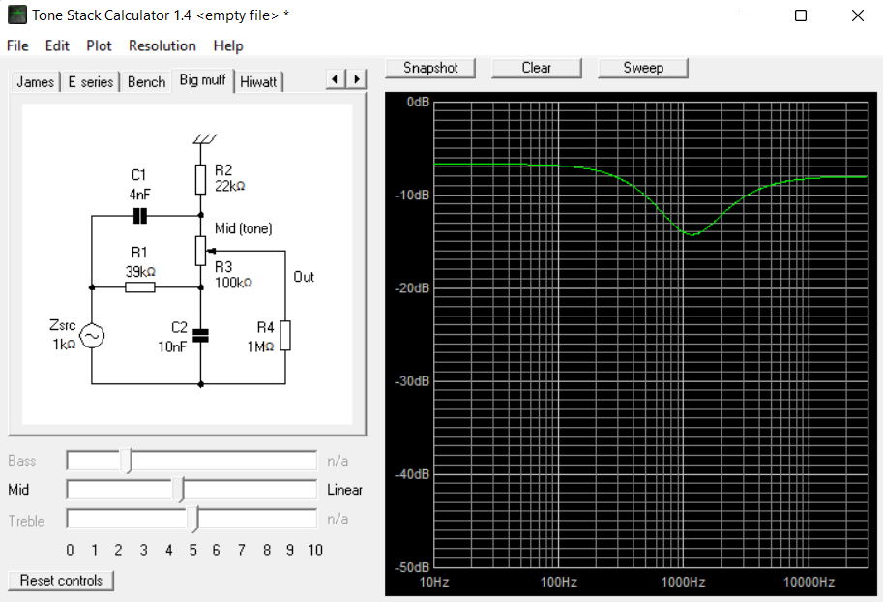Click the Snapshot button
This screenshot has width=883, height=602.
[x=429, y=68]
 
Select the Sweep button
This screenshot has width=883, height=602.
[x=642, y=68]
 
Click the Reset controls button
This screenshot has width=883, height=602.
[x=61, y=581]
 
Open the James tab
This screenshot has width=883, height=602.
[x=35, y=82]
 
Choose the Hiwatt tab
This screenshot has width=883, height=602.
[x=258, y=82]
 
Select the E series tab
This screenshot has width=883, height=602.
[x=91, y=82]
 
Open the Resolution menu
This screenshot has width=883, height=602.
[x=162, y=45]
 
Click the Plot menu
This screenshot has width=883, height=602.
[x=99, y=45]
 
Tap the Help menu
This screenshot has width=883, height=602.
[x=228, y=45]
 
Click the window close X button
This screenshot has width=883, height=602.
[x=857, y=15]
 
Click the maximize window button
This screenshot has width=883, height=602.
[x=801, y=15]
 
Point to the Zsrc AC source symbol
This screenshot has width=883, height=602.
[x=92, y=336]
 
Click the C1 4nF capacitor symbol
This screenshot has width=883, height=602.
[x=139, y=215]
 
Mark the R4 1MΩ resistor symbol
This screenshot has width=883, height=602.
[x=285, y=336]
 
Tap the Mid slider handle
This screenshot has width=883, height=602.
[x=179, y=489]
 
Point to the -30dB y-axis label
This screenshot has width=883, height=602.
[x=410, y=381]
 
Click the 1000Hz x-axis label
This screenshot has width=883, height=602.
[x=683, y=582]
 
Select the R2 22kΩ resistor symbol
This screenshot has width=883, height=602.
[x=200, y=179]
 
